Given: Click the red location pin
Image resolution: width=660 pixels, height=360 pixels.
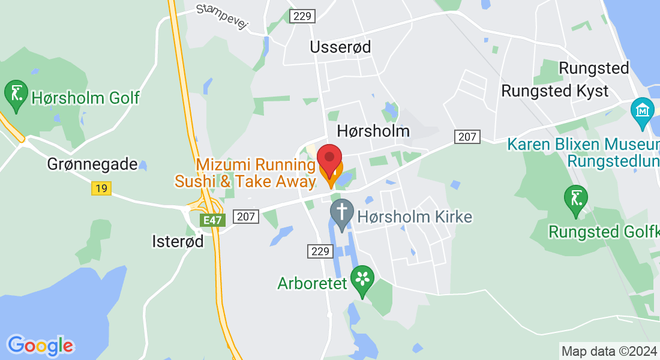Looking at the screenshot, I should tap(329, 158).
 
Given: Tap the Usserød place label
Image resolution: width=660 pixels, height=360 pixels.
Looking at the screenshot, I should tap(340, 47).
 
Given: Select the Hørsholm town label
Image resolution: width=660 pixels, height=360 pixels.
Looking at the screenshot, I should tap(373, 131).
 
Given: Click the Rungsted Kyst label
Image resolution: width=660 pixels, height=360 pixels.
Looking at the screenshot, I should tap(554, 91).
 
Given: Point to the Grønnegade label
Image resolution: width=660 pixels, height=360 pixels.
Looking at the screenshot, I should tap(92, 164).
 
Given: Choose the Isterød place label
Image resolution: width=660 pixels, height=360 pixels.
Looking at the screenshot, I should tap(178, 241).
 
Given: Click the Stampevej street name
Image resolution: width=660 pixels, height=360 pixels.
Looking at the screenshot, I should tap(222, 17).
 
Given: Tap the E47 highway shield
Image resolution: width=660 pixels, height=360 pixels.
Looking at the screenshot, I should tap(212, 220).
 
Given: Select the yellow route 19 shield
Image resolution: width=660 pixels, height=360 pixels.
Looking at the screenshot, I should tap(101, 188).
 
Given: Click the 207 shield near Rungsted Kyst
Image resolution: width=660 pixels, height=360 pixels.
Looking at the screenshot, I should tap(467, 137).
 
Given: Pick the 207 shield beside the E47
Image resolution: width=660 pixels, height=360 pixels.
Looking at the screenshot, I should tap(246, 217).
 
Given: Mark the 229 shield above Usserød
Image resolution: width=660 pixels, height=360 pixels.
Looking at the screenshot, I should tap(302, 16).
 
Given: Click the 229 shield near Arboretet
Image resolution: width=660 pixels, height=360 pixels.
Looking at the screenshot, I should tap(321, 251).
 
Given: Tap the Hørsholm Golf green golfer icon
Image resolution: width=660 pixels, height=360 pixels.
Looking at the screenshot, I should tap(16, 94).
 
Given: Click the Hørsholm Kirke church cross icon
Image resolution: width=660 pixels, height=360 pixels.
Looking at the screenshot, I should tap(342, 213).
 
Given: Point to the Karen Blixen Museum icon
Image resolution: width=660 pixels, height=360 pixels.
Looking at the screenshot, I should tap(642, 112).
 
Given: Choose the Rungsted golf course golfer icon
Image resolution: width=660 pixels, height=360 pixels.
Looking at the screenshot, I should tap(576, 199).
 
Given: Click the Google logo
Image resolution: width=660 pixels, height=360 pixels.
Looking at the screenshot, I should tap(40, 345).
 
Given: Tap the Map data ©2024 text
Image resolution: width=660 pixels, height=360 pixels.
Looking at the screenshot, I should tap(608, 351).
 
